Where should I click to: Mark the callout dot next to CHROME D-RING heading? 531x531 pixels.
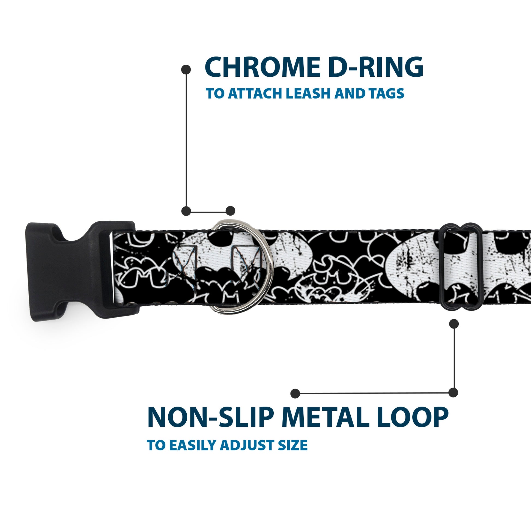pyautogui.click(x=186, y=69)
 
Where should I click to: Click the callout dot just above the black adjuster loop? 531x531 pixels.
pyautogui.click(x=454, y=324)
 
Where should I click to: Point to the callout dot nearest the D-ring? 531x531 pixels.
pyautogui.click(x=230, y=211)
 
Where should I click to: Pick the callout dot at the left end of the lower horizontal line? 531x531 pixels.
pyautogui.click(x=295, y=393)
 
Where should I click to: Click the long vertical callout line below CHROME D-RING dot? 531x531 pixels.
pyautogui.click(x=186, y=140)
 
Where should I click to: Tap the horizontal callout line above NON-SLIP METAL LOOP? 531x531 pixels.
pyautogui.click(x=374, y=393)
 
